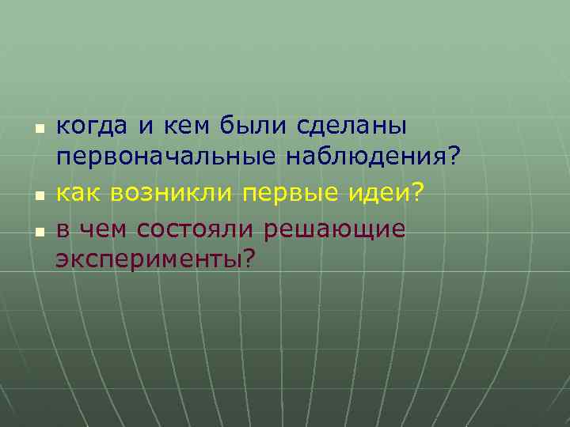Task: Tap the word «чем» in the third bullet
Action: tap(103, 229)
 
